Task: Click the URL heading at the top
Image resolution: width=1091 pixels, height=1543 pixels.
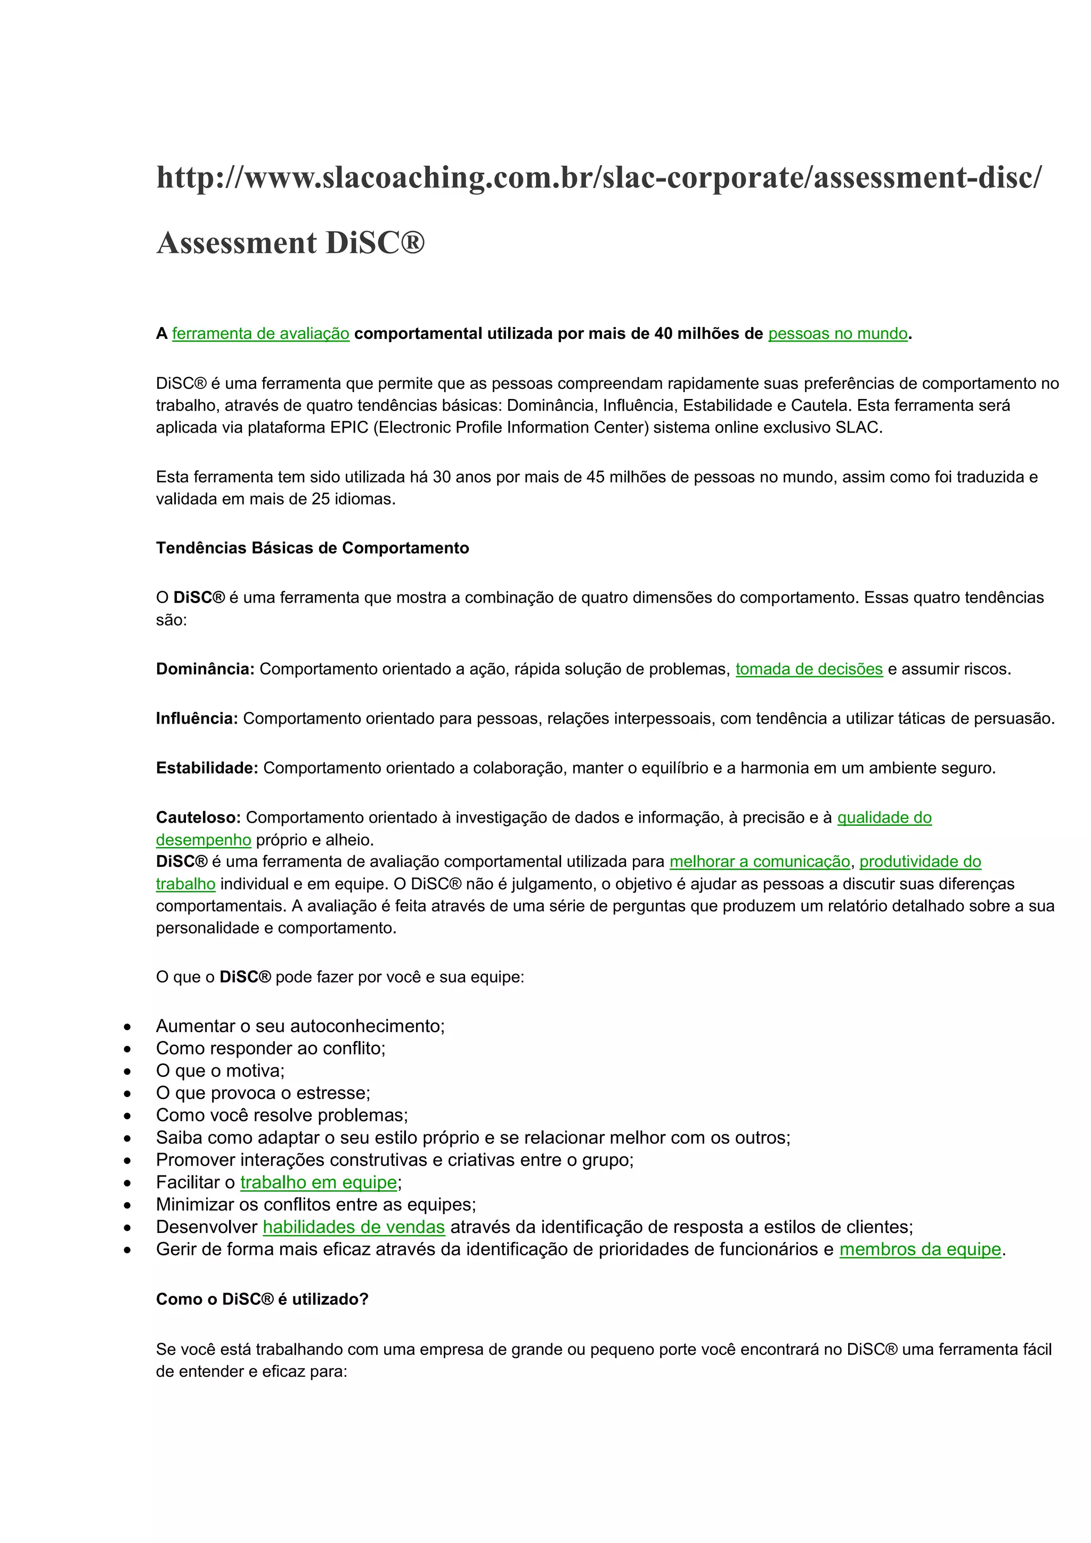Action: (599, 177)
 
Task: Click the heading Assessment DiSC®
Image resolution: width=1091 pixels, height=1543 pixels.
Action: (290, 242)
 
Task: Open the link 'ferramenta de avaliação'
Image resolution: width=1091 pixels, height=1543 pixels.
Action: (260, 334)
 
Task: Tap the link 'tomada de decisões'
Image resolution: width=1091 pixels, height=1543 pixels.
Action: (809, 669)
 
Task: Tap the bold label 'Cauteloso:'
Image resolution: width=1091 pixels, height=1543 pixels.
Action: (198, 817)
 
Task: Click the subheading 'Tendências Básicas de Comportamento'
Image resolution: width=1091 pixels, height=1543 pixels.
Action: (312, 548)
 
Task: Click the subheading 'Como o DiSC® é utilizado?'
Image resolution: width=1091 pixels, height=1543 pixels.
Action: (262, 1299)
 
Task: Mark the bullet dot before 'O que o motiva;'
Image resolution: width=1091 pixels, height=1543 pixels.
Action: (128, 1071)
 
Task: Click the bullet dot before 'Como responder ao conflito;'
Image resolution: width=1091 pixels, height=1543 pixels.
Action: (128, 1049)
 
